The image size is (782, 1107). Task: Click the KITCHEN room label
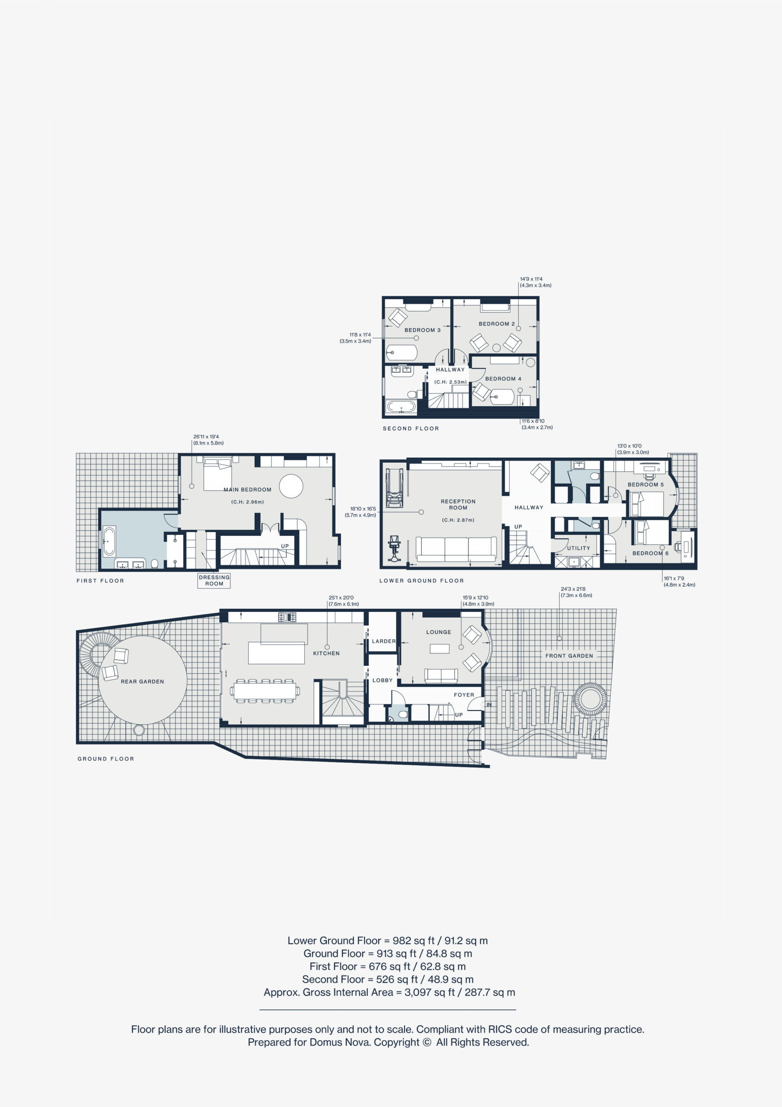tap(326, 653)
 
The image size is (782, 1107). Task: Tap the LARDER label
tap(383, 641)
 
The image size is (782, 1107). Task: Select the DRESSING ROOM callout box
tap(214, 580)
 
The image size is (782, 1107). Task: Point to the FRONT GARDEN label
tap(569, 656)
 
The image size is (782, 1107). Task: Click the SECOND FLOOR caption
tap(411, 428)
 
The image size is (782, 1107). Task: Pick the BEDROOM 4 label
tap(503, 378)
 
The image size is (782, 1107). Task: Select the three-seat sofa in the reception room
tap(456, 549)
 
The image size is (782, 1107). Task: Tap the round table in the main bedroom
tap(291, 486)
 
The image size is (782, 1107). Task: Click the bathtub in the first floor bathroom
tap(109, 541)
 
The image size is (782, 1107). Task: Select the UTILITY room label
tap(578, 548)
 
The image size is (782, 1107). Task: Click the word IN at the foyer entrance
tap(489, 704)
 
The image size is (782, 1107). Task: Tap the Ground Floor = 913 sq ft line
tap(388, 953)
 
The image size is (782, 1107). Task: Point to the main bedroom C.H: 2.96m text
tap(247, 502)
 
